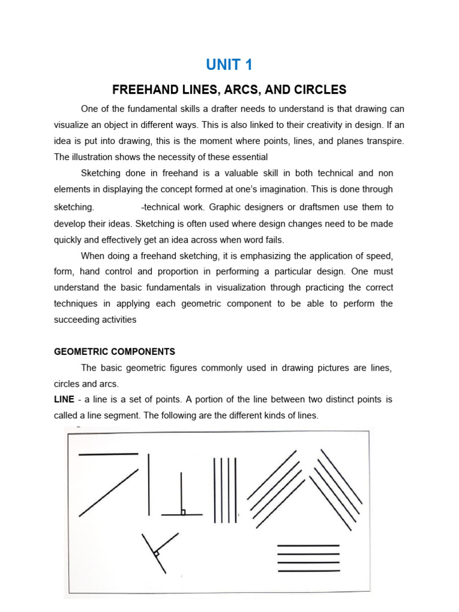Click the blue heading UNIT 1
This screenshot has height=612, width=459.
click(229, 65)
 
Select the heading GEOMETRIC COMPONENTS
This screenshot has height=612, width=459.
click(114, 351)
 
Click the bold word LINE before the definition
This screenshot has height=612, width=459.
click(64, 399)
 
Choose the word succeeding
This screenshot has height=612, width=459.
click(76, 320)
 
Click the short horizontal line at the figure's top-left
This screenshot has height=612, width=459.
click(108, 454)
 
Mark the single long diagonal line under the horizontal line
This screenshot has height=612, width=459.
click(108, 492)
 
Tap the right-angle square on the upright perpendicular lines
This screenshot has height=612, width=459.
click(183, 512)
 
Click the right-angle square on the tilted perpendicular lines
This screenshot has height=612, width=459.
click(156, 554)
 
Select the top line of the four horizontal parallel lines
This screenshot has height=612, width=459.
click(308, 546)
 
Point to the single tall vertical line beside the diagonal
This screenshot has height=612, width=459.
click(149, 484)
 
